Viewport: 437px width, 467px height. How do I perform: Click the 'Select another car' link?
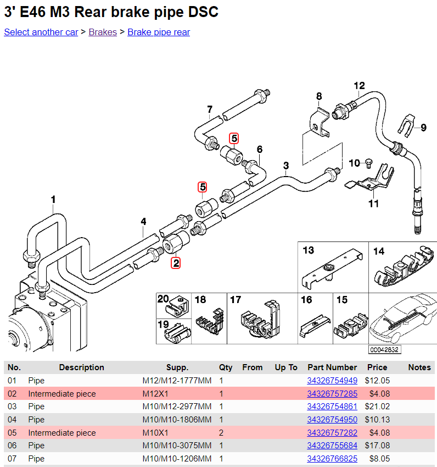(x=41, y=32)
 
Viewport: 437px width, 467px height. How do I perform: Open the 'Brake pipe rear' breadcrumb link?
(x=159, y=32)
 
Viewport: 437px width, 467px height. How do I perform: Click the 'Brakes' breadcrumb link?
(x=103, y=32)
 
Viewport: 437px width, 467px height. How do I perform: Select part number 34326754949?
(x=332, y=381)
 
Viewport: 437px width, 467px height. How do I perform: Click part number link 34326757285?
(x=332, y=394)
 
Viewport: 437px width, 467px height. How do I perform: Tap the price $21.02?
(x=377, y=406)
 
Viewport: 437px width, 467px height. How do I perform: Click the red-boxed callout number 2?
(x=176, y=263)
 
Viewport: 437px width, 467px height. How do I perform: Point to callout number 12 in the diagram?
(x=359, y=86)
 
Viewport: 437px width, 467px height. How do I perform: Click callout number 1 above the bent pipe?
(x=53, y=199)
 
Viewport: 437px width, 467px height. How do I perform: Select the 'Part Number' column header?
(x=332, y=367)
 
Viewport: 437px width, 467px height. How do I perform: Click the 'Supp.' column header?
(x=177, y=367)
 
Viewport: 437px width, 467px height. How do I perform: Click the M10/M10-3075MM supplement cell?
(x=177, y=446)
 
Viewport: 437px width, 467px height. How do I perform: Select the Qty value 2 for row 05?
(x=221, y=433)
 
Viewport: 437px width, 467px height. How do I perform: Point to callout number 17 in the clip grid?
(x=236, y=300)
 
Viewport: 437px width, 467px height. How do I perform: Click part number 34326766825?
(x=332, y=459)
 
